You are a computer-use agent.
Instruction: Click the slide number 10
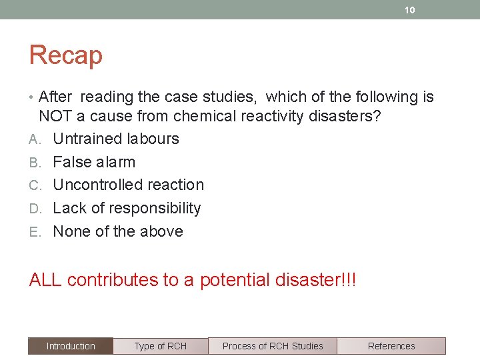(x=410, y=10)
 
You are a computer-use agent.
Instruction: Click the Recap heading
(x=65, y=55)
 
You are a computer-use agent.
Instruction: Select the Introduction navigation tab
(x=71, y=346)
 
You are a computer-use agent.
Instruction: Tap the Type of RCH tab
(x=160, y=346)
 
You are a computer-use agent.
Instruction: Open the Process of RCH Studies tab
(x=272, y=346)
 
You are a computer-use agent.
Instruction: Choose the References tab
(x=391, y=346)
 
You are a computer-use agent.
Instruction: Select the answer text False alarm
(x=94, y=162)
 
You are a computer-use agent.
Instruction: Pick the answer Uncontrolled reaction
(x=128, y=185)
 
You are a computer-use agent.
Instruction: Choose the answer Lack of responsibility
(x=127, y=208)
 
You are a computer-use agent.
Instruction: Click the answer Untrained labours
(x=116, y=139)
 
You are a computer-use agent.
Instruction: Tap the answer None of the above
(x=118, y=231)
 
